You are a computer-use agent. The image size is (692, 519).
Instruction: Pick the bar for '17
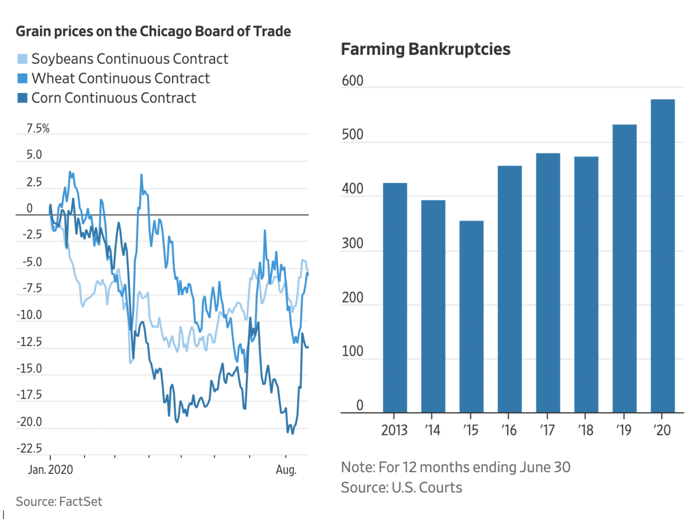(x=548, y=283)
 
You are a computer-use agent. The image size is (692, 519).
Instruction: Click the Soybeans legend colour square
(x=22, y=59)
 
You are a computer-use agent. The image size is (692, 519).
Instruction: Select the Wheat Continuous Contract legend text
(x=120, y=78)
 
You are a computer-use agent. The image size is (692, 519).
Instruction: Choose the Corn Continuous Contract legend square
(x=22, y=98)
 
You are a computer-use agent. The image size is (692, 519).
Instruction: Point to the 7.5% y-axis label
(x=38, y=128)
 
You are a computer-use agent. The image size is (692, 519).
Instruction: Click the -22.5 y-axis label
(x=29, y=448)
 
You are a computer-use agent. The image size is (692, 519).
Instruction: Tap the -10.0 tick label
(x=29, y=315)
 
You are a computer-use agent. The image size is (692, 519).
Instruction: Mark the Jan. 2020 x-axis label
(x=50, y=470)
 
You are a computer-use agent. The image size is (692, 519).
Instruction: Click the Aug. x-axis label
(x=286, y=470)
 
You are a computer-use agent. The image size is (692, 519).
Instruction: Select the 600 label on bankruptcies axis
(x=352, y=81)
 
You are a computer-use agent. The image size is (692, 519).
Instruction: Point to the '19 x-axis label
(x=624, y=430)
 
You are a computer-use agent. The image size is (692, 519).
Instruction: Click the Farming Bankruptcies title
(x=426, y=49)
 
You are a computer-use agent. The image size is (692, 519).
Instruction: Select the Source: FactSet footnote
(x=59, y=501)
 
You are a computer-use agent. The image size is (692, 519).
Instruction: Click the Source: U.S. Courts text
(x=401, y=487)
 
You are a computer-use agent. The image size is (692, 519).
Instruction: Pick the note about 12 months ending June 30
(x=455, y=467)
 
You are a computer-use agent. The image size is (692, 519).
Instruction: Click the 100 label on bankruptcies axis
(x=352, y=351)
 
